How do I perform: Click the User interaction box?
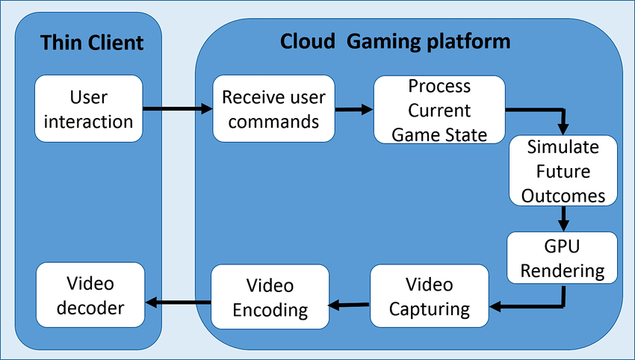coord(88,109)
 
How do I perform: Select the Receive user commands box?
coord(273,109)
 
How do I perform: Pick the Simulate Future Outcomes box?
coord(563,171)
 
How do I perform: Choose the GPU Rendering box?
coord(563,258)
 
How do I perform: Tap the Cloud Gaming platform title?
coord(395,41)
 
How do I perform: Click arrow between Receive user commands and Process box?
coord(353,110)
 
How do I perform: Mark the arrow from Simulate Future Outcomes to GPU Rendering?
coord(563,218)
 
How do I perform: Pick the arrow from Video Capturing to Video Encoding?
coord(350,304)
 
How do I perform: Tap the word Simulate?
coord(563,147)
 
